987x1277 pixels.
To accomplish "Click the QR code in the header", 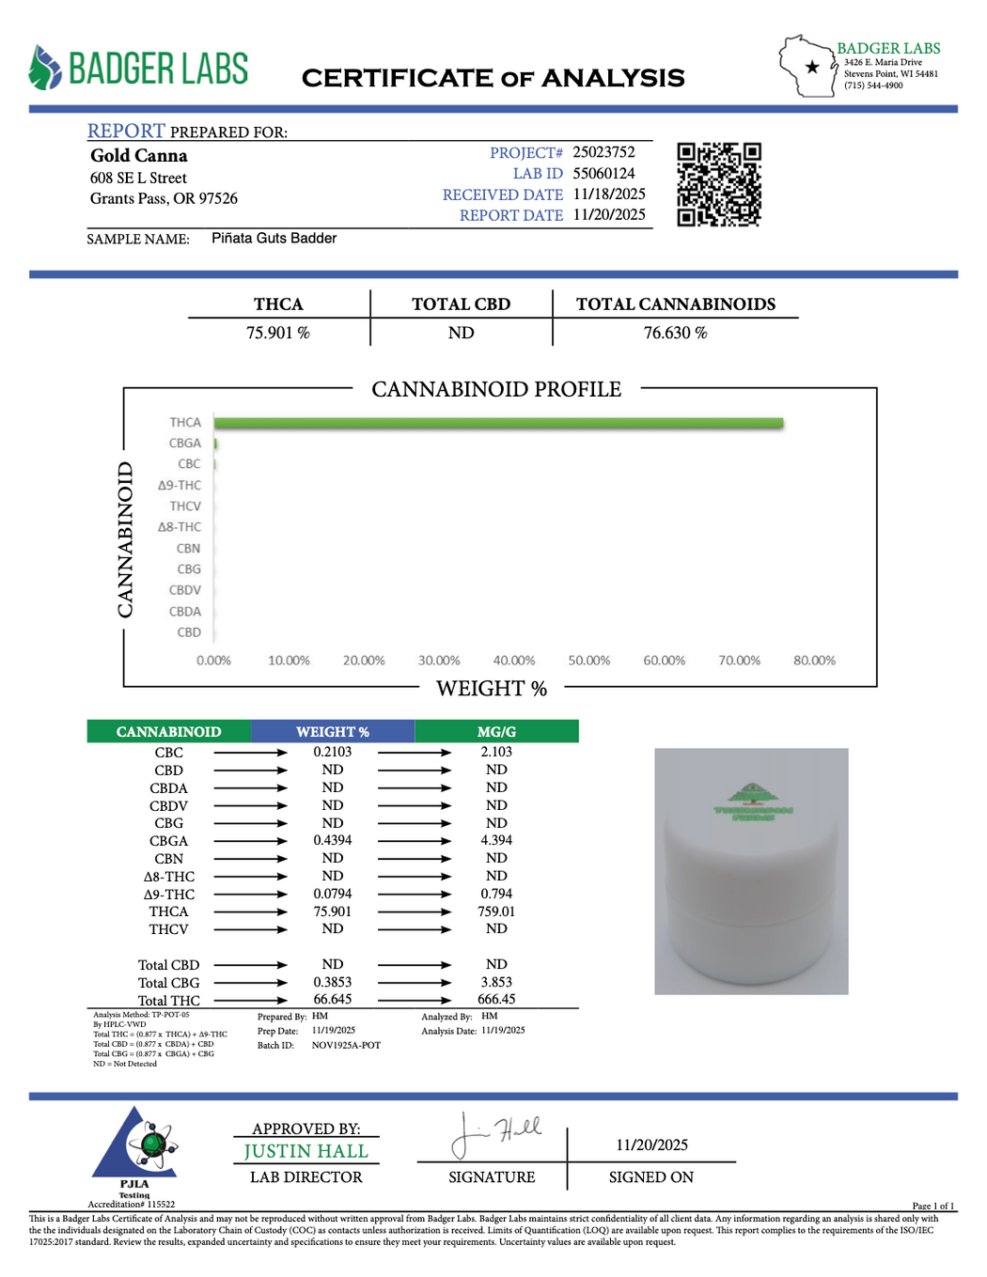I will pyautogui.click(x=719, y=185).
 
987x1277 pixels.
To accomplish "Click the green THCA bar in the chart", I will pyautogui.click(x=498, y=424).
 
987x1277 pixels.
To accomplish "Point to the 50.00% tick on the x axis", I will pyautogui.click(x=589, y=661).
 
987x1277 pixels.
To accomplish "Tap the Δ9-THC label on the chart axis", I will pyautogui.click(x=180, y=486).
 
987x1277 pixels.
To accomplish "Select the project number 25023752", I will pyautogui.click(x=603, y=152).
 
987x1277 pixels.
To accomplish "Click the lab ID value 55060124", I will pyautogui.click(x=603, y=174).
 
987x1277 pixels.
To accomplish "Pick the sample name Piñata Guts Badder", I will pyautogui.click(x=274, y=239).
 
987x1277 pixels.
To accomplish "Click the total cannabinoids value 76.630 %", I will pyautogui.click(x=675, y=334).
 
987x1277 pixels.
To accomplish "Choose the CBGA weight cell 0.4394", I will pyautogui.click(x=333, y=841).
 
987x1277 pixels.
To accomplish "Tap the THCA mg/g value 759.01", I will pyautogui.click(x=496, y=911).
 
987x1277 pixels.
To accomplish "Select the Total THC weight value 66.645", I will pyautogui.click(x=333, y=1000).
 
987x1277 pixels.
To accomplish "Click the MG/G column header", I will pyautogui.click(x=496, y=732).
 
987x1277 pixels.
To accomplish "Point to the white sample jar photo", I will pyautogui.click(x=751, y=871).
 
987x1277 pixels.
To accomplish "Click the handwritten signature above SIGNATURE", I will pyautogui.click(x=495, y=1134).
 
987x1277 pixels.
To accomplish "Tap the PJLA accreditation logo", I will pyautogui.click(x=133, y=1148).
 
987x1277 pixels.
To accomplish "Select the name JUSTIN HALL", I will pyautogui.click(x=305, y=1152).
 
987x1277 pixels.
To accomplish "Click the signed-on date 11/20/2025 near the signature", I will pyautogui.click(x=651, y=1145).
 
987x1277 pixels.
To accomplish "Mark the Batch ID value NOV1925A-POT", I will pyautogui.click(x=346, y=1046).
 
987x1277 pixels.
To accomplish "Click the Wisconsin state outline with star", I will pyautogui.click(x=807, y=66).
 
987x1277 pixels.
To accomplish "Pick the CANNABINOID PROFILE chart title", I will pyautogui.click(x=496, y=390).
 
